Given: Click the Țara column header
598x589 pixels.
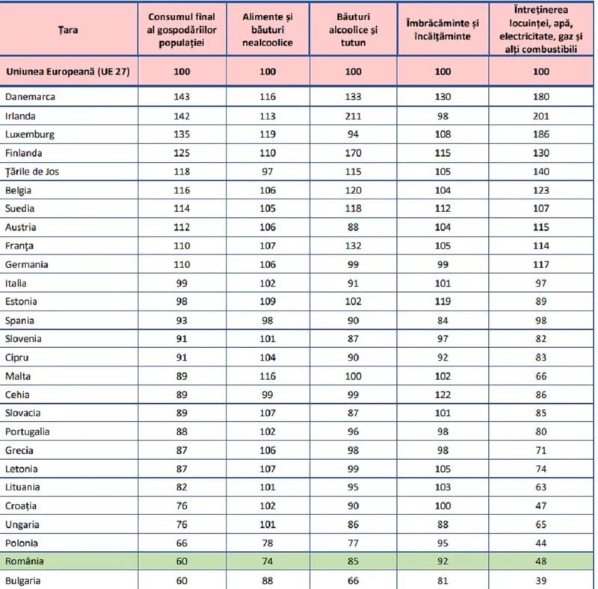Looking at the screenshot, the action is click(68, 30).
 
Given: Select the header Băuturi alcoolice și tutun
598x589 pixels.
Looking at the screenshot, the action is click(353, 30).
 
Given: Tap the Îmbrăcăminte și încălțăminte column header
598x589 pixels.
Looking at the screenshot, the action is click(443, 30).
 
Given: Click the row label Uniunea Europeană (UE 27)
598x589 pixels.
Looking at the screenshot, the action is click(68, 72).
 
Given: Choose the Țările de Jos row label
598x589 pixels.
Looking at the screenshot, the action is click(32, 172).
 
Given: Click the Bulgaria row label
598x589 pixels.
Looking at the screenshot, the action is click(23, 581).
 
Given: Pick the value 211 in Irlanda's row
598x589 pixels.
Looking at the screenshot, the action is click(353, 116).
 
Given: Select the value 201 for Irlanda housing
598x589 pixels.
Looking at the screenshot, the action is click(540, 116).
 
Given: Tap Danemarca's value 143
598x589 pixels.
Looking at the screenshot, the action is click(182, 97).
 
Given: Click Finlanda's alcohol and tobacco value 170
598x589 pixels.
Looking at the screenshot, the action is click(353, 153).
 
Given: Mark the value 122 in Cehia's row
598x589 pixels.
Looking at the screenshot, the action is click(443, 395).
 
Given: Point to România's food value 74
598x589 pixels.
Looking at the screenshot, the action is click(268, 561).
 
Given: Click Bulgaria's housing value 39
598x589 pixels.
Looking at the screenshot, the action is click(540, 581).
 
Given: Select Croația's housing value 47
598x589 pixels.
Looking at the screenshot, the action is click(540, 506).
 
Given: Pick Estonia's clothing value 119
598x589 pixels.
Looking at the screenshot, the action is click(443, 302).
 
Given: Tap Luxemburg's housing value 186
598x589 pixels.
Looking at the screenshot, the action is click(540, 134).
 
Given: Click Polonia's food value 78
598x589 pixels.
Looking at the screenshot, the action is click(268, 543).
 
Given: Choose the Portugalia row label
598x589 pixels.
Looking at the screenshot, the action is click(28, 431).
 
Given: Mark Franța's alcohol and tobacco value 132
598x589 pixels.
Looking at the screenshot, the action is click(353, 246).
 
